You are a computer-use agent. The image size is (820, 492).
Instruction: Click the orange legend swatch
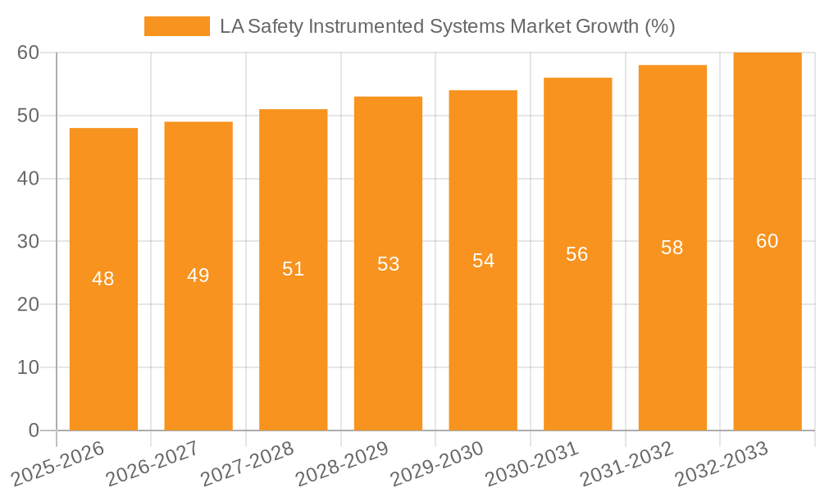point(176,26)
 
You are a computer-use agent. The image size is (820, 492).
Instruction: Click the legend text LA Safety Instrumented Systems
point(447,26)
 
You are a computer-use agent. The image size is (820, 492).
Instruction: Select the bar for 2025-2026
point(103,328)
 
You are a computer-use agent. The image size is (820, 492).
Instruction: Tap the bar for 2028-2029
point(388,328)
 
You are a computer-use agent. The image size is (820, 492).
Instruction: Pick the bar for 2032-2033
point(768,328)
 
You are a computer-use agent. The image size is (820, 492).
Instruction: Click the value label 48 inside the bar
point(103,279)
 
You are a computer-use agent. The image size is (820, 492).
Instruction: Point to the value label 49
point(198,276)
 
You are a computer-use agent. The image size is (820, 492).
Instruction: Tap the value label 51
point(294,269)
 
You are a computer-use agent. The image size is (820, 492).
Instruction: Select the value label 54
point(483,261)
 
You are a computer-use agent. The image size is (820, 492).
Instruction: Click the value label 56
point(577,254)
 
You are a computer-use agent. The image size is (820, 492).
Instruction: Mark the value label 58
point(672,248)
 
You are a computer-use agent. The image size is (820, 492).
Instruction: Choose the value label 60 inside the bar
point(768,241)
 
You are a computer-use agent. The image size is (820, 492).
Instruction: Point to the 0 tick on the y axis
point(34,430)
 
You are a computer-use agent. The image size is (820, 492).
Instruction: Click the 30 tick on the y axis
point(29,242)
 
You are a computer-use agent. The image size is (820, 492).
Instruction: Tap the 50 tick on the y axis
point(29,116)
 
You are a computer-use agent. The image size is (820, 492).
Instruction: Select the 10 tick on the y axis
point(29,367)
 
